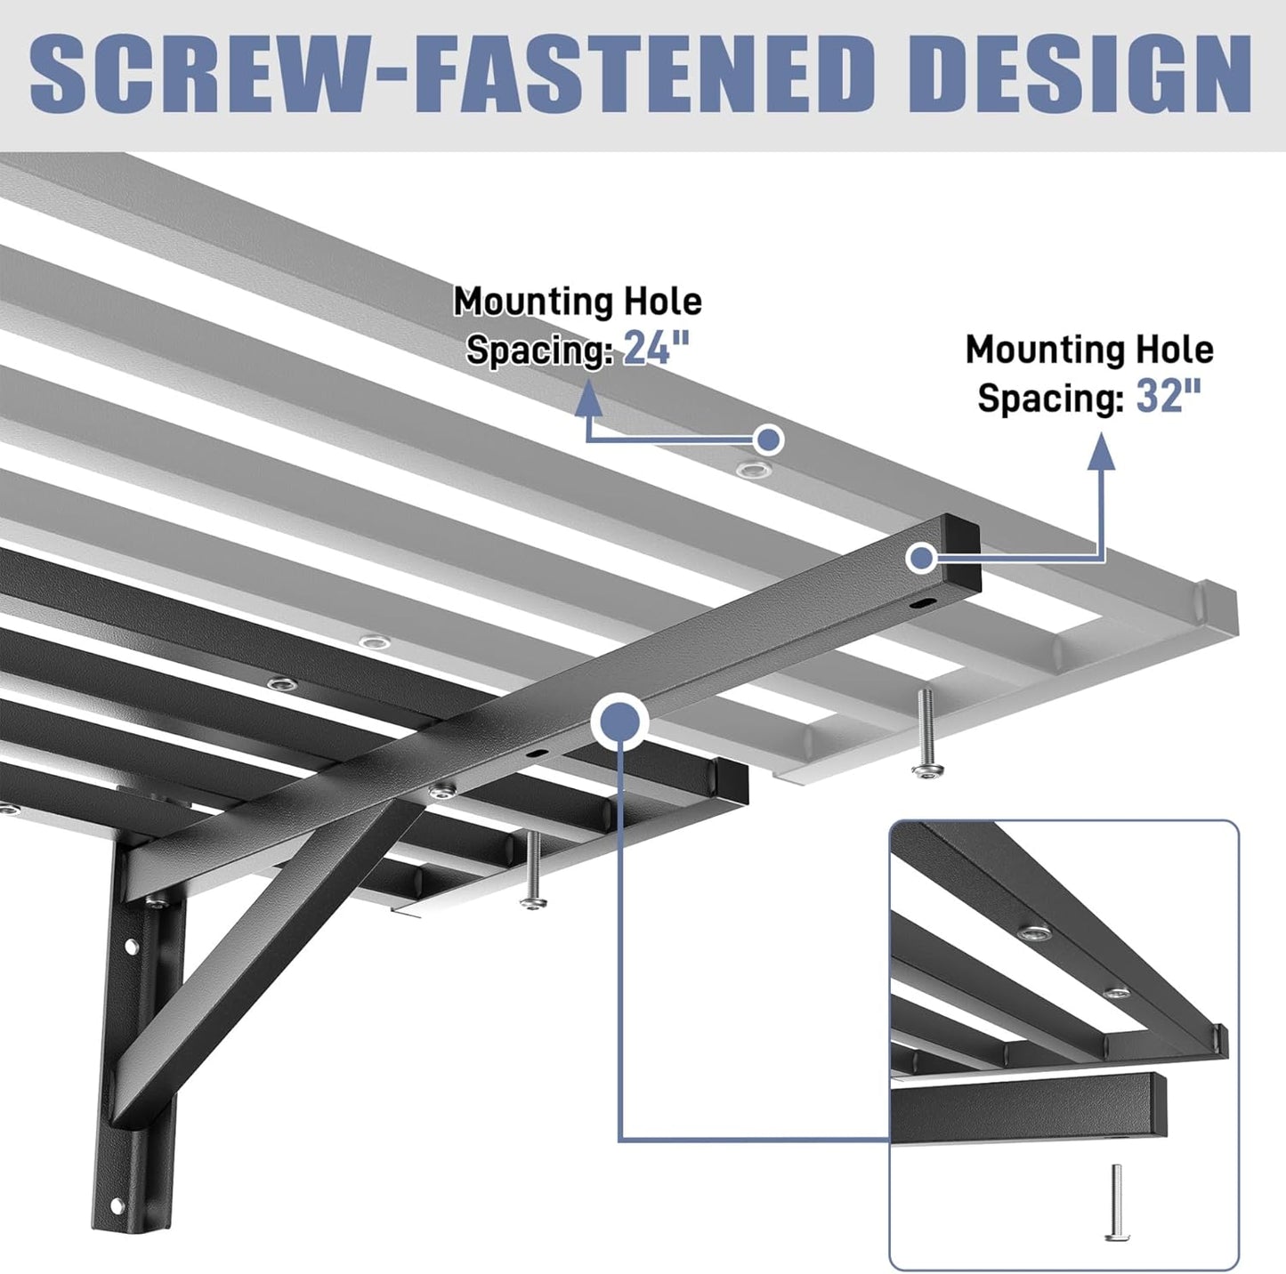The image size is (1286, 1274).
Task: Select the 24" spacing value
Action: [x=657, y=348]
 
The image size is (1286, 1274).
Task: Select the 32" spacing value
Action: [x=1169, y=395]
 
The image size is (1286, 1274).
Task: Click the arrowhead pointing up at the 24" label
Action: [x=586, y=400]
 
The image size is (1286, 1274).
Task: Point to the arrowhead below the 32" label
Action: [x=1102, y=451]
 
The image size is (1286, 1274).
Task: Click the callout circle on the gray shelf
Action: [x=768, y=439]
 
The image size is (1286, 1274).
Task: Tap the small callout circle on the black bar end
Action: [x=921, y=559]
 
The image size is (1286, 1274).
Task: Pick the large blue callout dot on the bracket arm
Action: [x=621, y=719]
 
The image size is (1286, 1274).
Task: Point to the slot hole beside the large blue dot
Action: [x=537, y=752]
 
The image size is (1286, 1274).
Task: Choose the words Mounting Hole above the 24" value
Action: [x=578, y=302]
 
